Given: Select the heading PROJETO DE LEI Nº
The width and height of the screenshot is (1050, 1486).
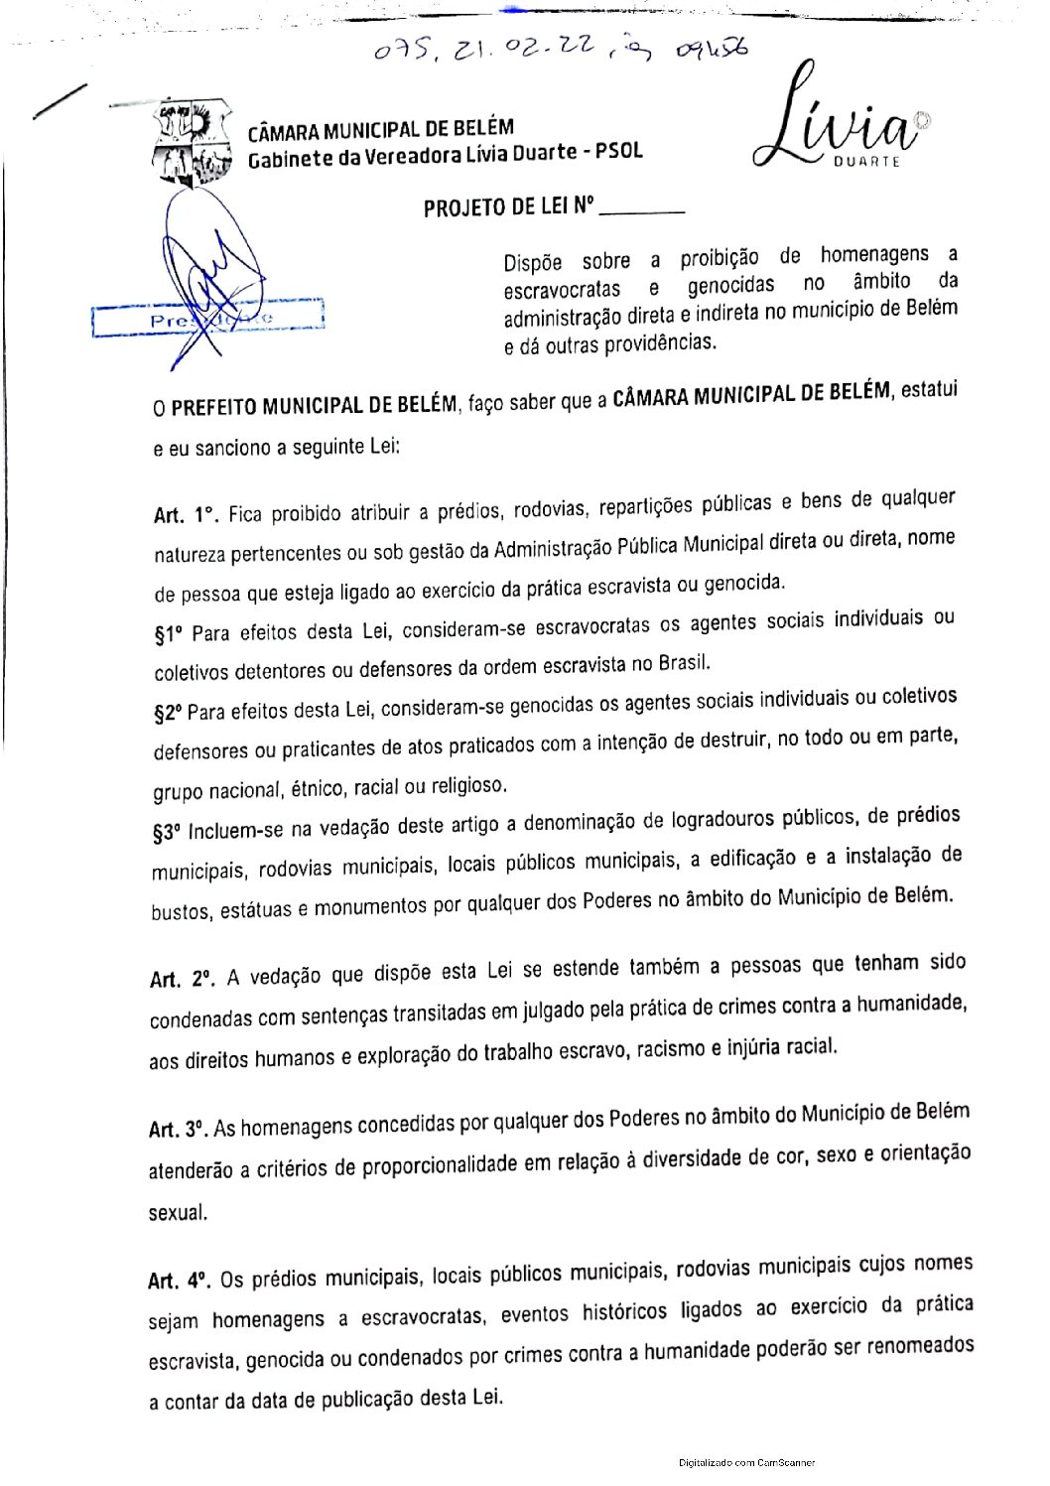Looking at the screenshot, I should [508, 207].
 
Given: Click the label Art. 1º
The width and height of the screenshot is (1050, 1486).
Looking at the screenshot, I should [185, 515].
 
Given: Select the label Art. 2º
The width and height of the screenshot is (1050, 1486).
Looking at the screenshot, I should [181, 979].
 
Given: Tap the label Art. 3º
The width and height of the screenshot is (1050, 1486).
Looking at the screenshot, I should [178, 1130].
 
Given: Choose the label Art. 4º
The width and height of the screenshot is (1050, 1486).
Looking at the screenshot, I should [179, 1281].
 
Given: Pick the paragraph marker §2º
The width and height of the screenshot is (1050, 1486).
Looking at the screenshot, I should [168, 713].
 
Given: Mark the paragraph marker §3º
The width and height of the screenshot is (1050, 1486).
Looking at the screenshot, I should [167, 833].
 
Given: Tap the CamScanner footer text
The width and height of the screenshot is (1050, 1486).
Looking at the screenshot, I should [746, 1462].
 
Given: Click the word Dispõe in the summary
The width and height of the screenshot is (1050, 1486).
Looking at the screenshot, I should [533, 263].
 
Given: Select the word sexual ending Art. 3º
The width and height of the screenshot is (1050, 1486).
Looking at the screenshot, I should [178, 1213].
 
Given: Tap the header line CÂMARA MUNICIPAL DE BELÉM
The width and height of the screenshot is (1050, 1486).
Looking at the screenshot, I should [380, 130].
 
